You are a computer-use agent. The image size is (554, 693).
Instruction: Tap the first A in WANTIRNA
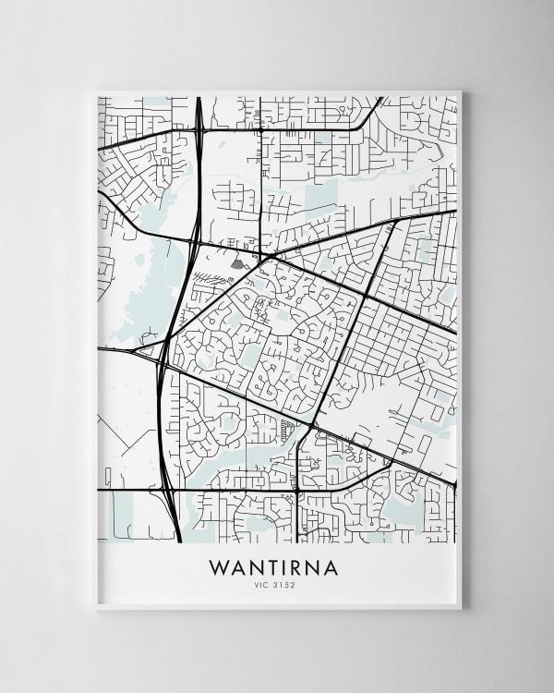click(x=240, y=566)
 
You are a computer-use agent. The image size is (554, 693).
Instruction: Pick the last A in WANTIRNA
click(x=331, y=566)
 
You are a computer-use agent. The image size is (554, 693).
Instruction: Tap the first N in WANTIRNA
click(x=257, y=566)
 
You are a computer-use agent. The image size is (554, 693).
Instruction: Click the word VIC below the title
click(x=264, y=584)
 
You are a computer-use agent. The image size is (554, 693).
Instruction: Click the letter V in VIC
click(x=259, y=584)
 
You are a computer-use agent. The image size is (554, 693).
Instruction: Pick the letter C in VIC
click(x=269, y=584)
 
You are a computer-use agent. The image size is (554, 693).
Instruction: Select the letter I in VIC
click(x=264, y=584)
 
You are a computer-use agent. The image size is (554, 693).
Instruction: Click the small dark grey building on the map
click(x=237, y=264)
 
